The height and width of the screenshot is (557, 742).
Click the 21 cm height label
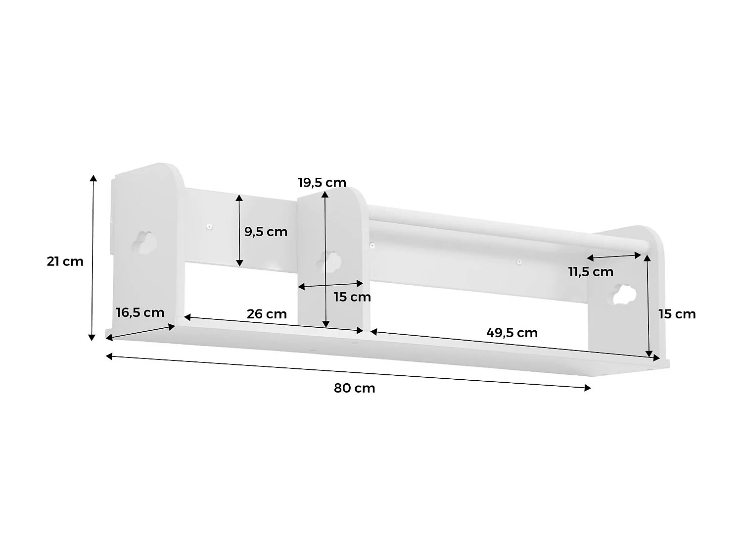tap(65, 261)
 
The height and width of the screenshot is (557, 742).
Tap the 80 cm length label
tap(354, 388)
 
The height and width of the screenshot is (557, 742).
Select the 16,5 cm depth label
tap(139, 312)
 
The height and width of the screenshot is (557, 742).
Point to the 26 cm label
tap(267, 314)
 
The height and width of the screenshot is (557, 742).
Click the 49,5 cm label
tap(511, 333)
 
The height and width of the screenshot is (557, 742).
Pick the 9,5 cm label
tap(266, 231)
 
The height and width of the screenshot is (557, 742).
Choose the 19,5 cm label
tap(322, 182)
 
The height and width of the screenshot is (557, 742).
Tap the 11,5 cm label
tap(590, 272)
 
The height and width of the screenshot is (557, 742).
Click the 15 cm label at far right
tap(677, 314)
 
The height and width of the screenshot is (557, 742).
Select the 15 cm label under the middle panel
tap(352, 297)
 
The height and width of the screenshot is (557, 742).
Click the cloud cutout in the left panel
tap(145, 243)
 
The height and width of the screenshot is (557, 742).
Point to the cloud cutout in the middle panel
tap(330, 261)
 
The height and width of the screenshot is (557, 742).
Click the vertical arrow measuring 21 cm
tap(92, 257)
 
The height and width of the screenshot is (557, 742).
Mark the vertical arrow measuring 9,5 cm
tap(239, 231)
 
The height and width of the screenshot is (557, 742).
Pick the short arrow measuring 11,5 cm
tap(614, 256)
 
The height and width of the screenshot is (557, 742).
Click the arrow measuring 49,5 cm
tap(514, 344)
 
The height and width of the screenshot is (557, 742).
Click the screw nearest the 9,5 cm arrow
tap(210, 227)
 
